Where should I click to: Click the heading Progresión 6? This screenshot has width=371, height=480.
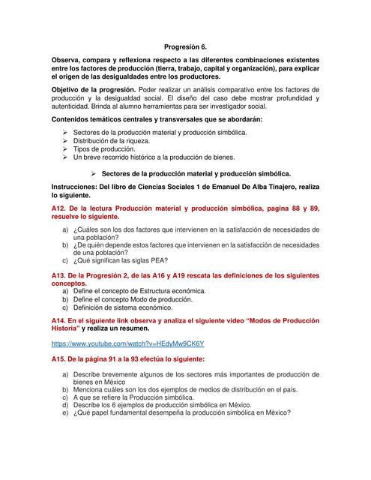185,46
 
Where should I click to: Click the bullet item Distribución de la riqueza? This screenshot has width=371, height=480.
112,141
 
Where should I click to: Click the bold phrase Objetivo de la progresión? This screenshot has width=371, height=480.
94,89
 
